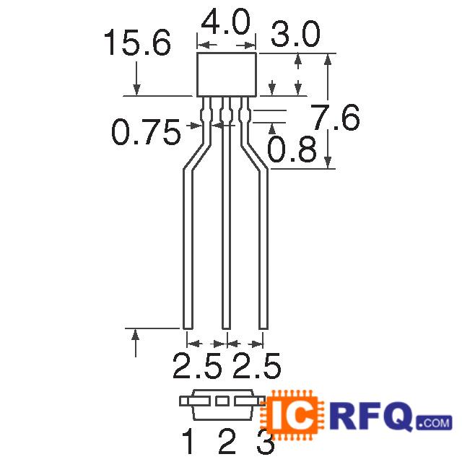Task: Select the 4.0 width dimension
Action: pyautogui.click(x=227, y=22)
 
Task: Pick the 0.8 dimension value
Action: pyautogui.click(x=292, y=151)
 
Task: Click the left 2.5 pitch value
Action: pyautogui.click(x=196, y=367)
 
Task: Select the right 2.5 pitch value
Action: pyautogui.click(x=256, y=367)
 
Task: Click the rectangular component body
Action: pyautogui.click(x=227, y=74)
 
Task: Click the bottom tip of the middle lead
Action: pyautogui.click(x=227, y=326)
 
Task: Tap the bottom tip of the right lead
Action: pyautogui.click(x=263, y=326)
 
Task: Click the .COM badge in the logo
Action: pyautogui.click(x=433, y=422)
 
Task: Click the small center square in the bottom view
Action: pyautogui.click(x=223, y=400)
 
